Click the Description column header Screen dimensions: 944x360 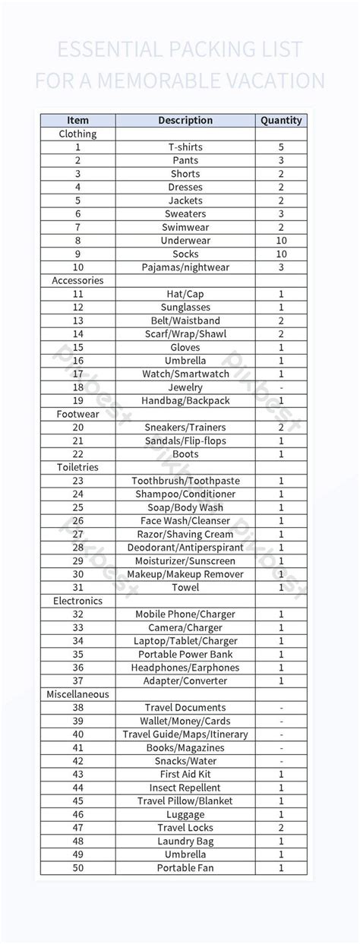pos(185,120)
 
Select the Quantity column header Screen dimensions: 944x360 pos(281,120)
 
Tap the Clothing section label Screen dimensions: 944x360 pos(77,134)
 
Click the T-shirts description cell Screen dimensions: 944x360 pos(185,147)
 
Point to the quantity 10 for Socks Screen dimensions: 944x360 pos(281,254)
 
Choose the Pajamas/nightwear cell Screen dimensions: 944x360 pos(185,267)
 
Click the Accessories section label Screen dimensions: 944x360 pos(77,280)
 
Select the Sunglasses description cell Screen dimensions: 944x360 pos(185,308)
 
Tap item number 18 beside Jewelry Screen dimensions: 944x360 pos(77,387)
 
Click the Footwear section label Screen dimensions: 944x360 pos(77,414)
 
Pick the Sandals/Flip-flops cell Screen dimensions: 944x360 pos(185,440)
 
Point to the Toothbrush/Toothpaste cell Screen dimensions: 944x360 pos(185,481)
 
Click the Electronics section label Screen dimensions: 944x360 pos(77,601)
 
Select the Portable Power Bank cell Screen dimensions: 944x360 pos(185,654)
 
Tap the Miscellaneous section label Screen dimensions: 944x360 pos(77,694)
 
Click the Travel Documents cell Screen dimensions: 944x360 pos(185,708)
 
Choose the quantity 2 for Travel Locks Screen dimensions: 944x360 pos(281,828)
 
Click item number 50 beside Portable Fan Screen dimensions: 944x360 pos(77,868)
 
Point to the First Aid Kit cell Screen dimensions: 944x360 pos(185,774)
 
